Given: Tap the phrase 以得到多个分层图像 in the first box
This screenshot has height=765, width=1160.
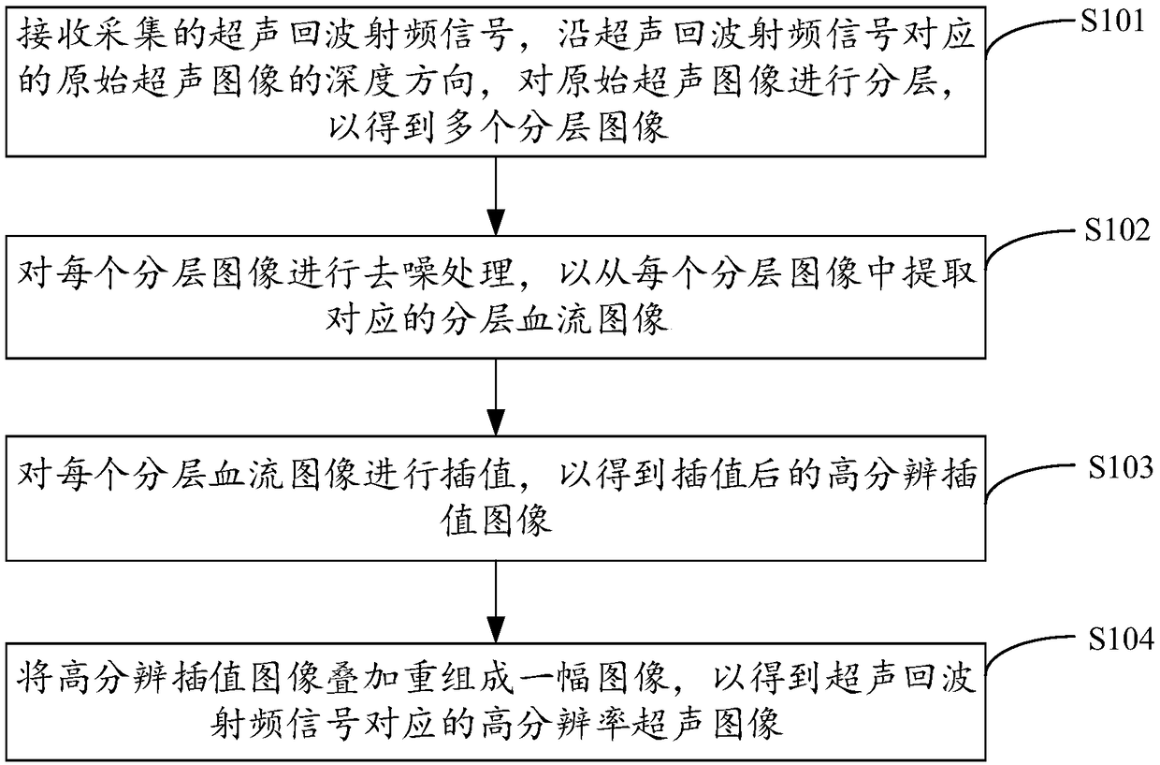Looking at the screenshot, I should (x=498, y=128).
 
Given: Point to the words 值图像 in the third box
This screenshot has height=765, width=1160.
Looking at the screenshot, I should (x=498, y=522).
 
